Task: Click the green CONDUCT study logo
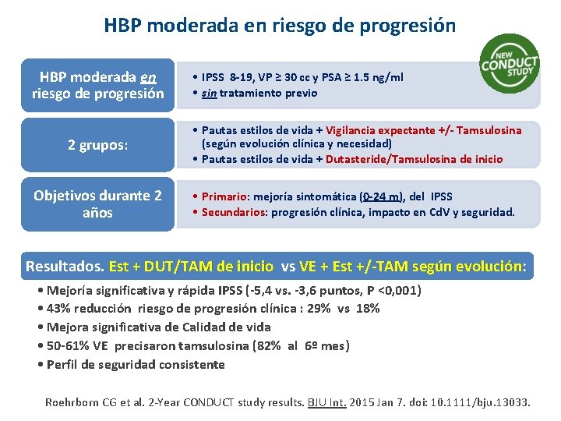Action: [x=510, y=63]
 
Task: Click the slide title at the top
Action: [x=280, y=25]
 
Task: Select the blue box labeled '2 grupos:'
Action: [x=98, y=145]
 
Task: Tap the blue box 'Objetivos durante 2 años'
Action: [x=98, y=204]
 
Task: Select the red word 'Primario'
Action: [x=225, y=196]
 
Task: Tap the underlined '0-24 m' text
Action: [x=382, y=196]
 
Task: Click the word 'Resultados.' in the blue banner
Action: [x=65, y=266]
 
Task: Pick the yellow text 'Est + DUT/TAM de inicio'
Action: [x=192, y=266]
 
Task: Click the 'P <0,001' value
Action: [x=394, y=291]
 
